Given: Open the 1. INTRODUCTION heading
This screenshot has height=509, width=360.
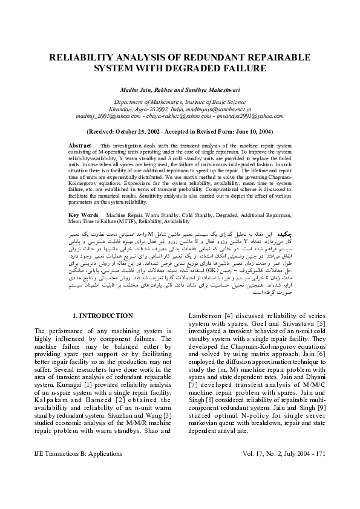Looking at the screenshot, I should pos(102,316).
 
